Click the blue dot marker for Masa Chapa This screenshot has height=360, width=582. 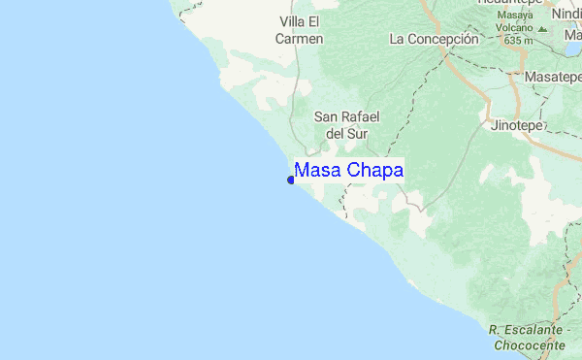(x=291, y=180)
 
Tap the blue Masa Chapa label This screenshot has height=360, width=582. (x=349, y=170)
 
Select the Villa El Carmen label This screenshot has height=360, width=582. (x=300, y=30)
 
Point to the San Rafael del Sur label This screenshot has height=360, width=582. (x=345, y=124)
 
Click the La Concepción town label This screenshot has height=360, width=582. (x=434, y=40)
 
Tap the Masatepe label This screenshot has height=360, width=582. (x=551, y=76)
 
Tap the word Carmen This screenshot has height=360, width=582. (x=300, y=39)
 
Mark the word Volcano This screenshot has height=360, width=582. (x=515, y=28)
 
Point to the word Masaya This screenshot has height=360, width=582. (x=517, y=16)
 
